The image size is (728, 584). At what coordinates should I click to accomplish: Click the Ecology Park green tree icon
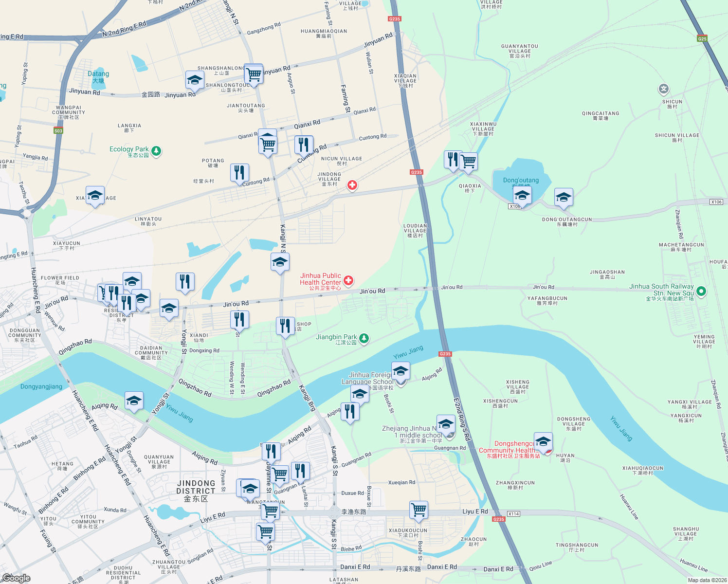156,151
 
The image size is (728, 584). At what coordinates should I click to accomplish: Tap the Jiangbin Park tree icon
364,338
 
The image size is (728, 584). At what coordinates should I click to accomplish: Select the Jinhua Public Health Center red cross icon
348,280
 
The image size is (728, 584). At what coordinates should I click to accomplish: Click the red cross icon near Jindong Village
352,185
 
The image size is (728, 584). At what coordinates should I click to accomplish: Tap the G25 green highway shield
702,38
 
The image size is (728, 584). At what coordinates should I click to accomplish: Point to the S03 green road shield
58,130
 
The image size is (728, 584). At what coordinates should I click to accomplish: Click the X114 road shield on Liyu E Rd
513,514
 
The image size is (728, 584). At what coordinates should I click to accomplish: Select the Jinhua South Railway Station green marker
701,292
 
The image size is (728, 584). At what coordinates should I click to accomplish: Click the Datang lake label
98,77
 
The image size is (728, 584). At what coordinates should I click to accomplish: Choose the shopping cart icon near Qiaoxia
469,161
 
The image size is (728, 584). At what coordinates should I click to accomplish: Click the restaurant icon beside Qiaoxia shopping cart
453,159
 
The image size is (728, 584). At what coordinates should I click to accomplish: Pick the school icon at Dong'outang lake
522,196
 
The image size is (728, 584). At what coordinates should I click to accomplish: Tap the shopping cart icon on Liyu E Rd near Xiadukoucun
419,510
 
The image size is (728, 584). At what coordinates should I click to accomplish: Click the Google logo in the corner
17,578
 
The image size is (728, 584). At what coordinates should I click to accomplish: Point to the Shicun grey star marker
664,89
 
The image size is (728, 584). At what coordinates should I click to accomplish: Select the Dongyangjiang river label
41,386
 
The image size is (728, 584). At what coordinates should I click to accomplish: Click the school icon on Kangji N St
280,262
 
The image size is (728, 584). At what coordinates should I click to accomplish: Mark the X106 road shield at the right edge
716,202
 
